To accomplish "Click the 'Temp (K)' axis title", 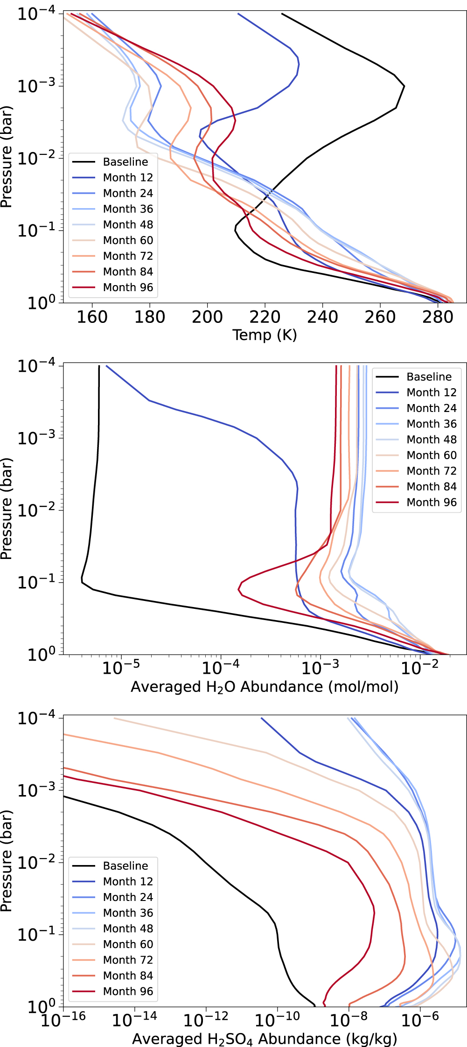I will (x=265, y=335).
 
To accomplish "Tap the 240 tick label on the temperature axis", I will (x=322, y=317).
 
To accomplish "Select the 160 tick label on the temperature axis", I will (x=92, y=317).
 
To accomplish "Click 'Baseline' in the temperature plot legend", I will (x=125, y=162).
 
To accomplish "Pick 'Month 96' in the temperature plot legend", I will (x=128, y=287).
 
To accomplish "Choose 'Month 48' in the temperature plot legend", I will (x=128, y=224).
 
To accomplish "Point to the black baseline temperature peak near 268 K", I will (x=404, y=86).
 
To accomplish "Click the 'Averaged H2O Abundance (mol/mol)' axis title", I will (x=265, y=687).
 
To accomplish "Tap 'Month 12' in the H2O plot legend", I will (x=432, y=392).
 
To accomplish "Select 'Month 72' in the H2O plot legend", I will (x=432, y=471).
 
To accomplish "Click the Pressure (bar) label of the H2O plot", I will (x=7, y=509).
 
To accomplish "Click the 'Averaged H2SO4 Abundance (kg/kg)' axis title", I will (x=265, y=1039).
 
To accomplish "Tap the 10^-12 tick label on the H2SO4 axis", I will (x=206, y=1020).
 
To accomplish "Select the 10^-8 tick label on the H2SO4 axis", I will (x=349, y=1020).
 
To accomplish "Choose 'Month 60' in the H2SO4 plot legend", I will (x=128, y=944).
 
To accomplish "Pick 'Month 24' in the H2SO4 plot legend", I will (x=128, y=897).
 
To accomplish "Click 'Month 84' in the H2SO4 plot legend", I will (x=128, y=976).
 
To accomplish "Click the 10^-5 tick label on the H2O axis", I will (x=121, y=668).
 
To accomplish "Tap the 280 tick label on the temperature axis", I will (x=438, y=317).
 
